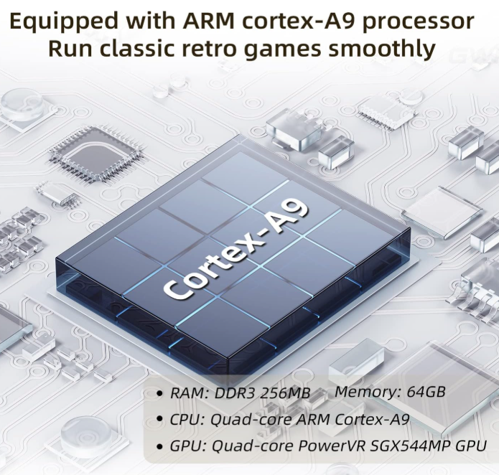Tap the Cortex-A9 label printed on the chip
click(236, 251)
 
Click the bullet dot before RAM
click(159, 394)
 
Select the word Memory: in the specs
click(363, 392)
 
